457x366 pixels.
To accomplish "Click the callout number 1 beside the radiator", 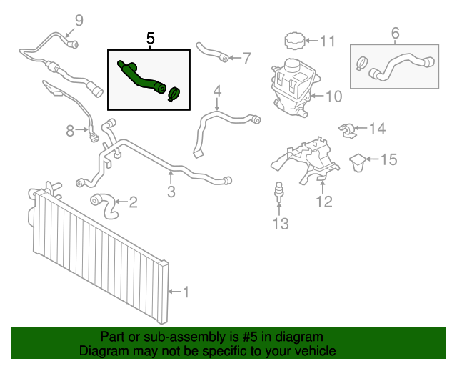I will (186, 292).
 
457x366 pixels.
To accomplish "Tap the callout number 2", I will (133, 203).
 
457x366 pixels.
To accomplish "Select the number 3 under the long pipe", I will (171, 191).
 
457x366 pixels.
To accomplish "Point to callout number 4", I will (217, 91).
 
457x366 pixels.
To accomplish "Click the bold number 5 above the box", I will (150, 39).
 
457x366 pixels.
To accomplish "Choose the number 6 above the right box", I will (395, 33).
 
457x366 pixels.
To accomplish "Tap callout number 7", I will (247, 57).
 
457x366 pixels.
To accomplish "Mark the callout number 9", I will (79, 20).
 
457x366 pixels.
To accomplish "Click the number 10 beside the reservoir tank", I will (334, 95).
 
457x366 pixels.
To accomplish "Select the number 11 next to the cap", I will (327, 41).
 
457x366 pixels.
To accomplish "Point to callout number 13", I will (280, 224).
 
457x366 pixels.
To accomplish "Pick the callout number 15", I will (387, 159).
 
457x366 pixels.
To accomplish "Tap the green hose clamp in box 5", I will (174, 94).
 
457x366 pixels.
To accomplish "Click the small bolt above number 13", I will (279, 193).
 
